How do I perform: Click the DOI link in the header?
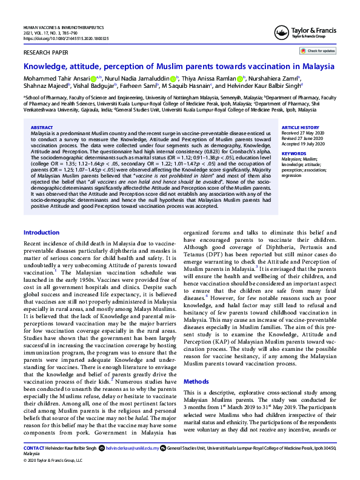click(65, 38)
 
